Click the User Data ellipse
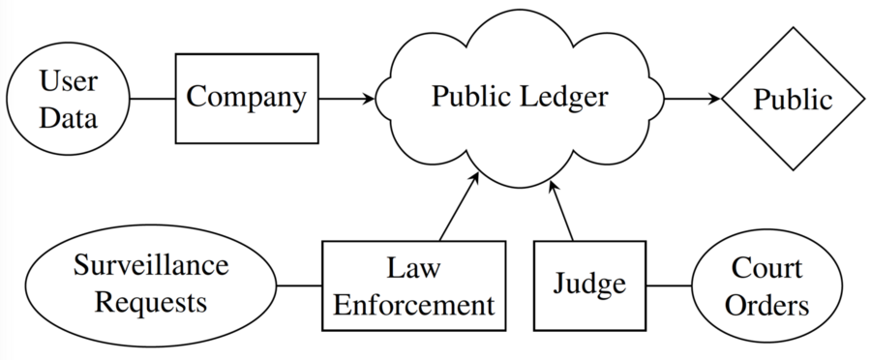(x=69, y=99)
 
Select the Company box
(x=246, y=98)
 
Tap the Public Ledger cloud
(x=520, y=99)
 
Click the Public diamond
(x=793, y=99)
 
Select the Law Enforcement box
(x=414, y=285)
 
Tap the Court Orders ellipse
(x=767, y=285)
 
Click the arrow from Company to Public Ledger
(x=345, y=99)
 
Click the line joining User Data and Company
(x=152, y=99)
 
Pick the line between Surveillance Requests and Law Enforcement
(x=299, y=285)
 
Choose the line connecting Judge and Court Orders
(x=668, y=285)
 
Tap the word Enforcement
(x=414, y=305)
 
